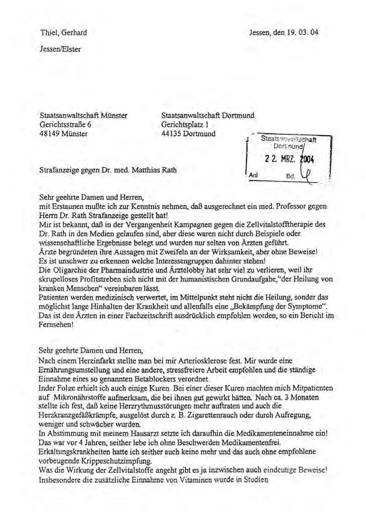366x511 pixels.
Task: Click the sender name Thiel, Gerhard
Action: click(x=63, y=33)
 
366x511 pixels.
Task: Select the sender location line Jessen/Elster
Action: click(x=60, y=49)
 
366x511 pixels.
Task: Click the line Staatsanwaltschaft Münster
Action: click(x=83, y=115)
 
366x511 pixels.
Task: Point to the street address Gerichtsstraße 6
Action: click(x=65, y=125)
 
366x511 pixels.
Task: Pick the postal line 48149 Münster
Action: click(x=63, y=134)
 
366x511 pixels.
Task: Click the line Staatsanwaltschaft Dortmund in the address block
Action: click(x=208, y=115)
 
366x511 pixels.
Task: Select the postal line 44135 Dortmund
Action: click(x=188, y=134)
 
